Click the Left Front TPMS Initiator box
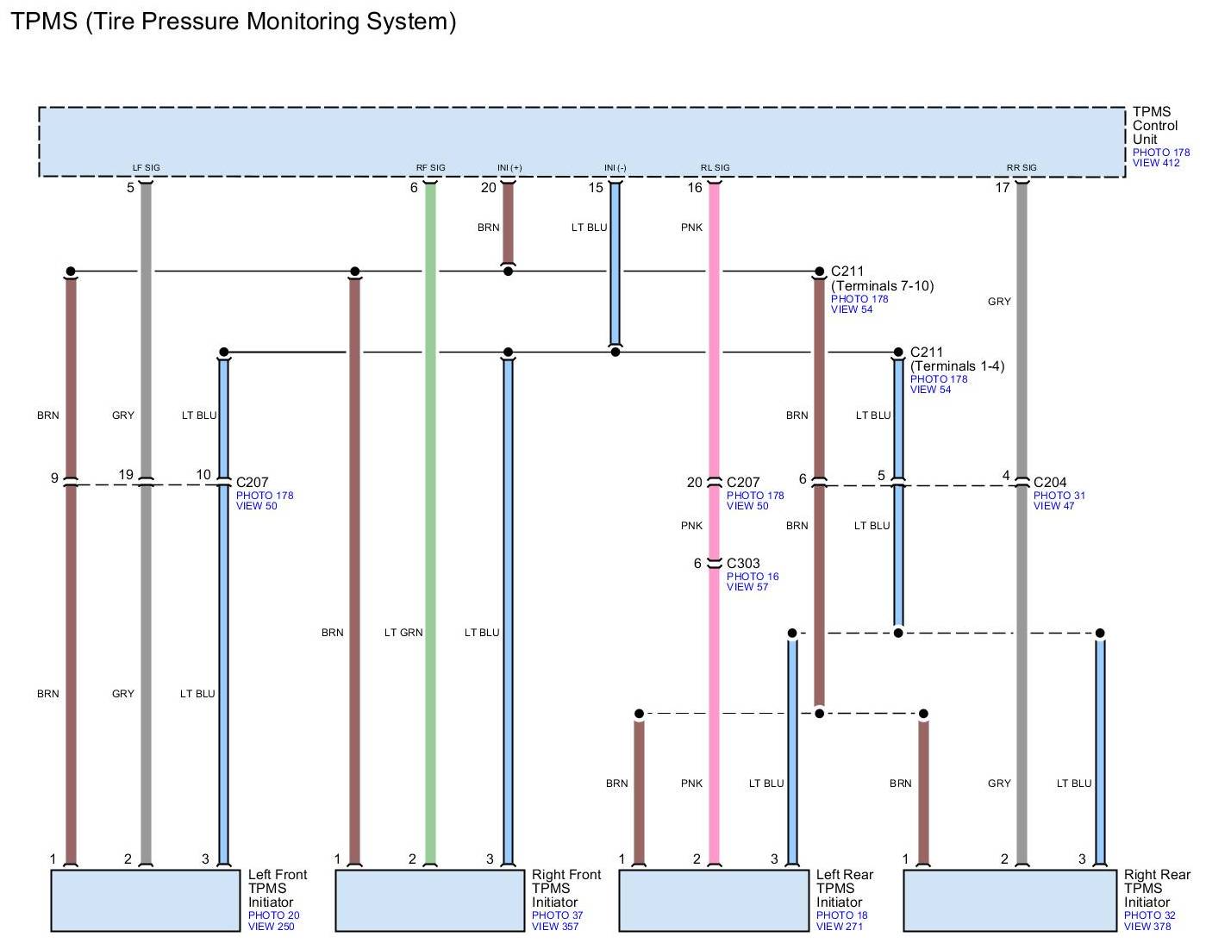(x=145, y=900)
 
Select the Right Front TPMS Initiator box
(x=429, y=900)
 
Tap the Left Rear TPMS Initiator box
(x=714, y=900)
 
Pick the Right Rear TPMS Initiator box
(x=1009, y=900)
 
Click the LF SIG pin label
(x=146, y=168)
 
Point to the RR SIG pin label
(x=1022, y=168)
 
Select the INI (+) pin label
(x=509, y=168)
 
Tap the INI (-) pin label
(x=615, y=168)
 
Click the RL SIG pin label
(x=715, y=168)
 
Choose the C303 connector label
(x=743, y=564)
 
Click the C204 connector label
(x=1050, y=483)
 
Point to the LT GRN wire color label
(x=403, y=633)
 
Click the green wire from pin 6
(x=430, y=517)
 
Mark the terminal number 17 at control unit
(x=1002, y=187)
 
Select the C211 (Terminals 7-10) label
(x=882, y=278)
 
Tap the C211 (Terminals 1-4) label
(x=957, y=359)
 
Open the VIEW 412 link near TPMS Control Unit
(x=1156, y=163)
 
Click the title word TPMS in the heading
(x=44, y=21)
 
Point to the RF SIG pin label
(x=431, y=168)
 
